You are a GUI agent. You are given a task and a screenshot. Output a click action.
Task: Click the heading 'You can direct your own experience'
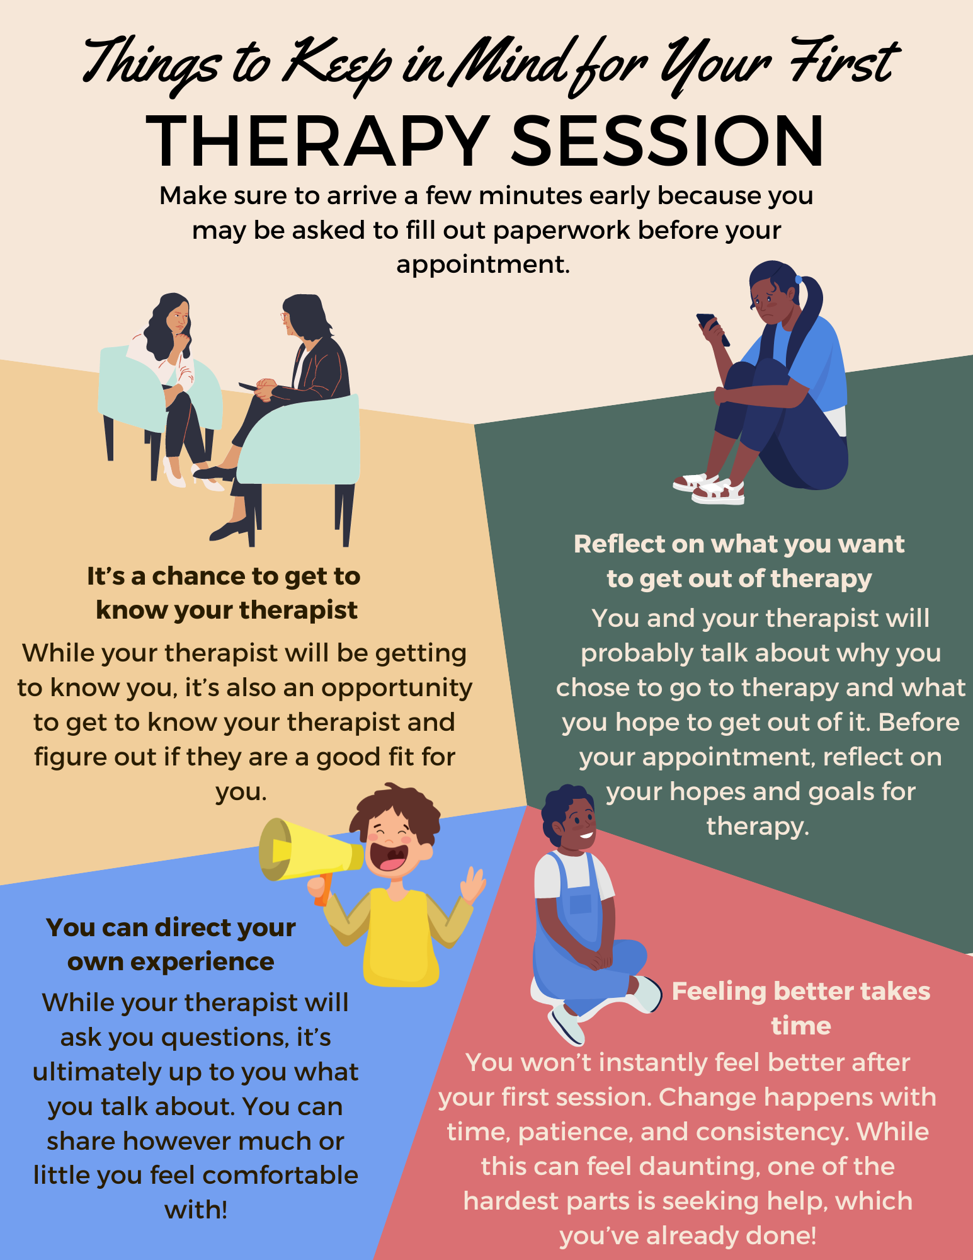pyautogui.click(x=171, y=944)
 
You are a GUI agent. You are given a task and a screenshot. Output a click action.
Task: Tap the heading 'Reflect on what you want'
pyautogui.click(x=739, y=544)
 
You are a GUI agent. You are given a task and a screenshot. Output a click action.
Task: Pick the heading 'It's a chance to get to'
pyautogui.click(x=224, y=576)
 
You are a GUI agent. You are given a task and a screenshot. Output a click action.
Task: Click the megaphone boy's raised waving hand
pyautogui.click(x=473, y=882)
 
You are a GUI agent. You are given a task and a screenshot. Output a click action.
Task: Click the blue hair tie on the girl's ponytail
pyautogui.click(x=799, y=279)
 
